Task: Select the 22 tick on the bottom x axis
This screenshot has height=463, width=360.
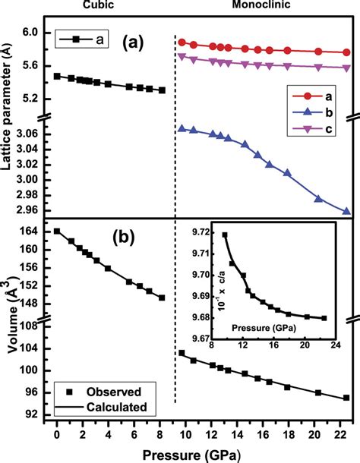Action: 344,436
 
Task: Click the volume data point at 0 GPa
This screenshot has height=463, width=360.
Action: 56,231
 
